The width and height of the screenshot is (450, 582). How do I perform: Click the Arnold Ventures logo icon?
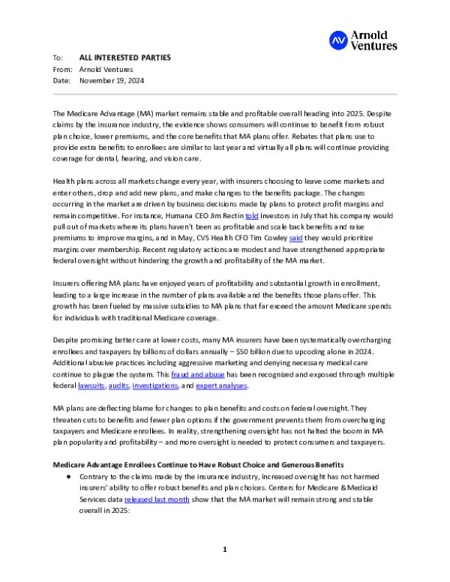338,40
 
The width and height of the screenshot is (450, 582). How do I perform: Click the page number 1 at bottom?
224,550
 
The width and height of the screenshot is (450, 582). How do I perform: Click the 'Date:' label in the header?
62,79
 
